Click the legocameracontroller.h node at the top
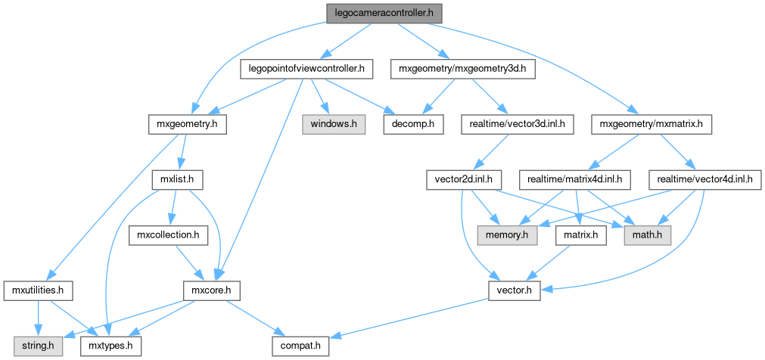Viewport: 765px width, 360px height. pos(384,13)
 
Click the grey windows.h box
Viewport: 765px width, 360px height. pos(334,123)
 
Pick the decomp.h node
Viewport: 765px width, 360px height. pos(413,123)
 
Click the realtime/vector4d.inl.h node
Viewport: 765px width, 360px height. pos(704,180)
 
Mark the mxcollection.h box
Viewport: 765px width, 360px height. pos(168,236)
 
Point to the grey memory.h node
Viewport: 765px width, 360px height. pos(506,236)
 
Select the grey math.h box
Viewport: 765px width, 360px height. pos(647,236)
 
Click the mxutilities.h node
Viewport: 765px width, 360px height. pos(38,290)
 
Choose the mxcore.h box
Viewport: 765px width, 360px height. pos(213,290)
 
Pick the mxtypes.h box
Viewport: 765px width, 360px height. pos(110,346)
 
